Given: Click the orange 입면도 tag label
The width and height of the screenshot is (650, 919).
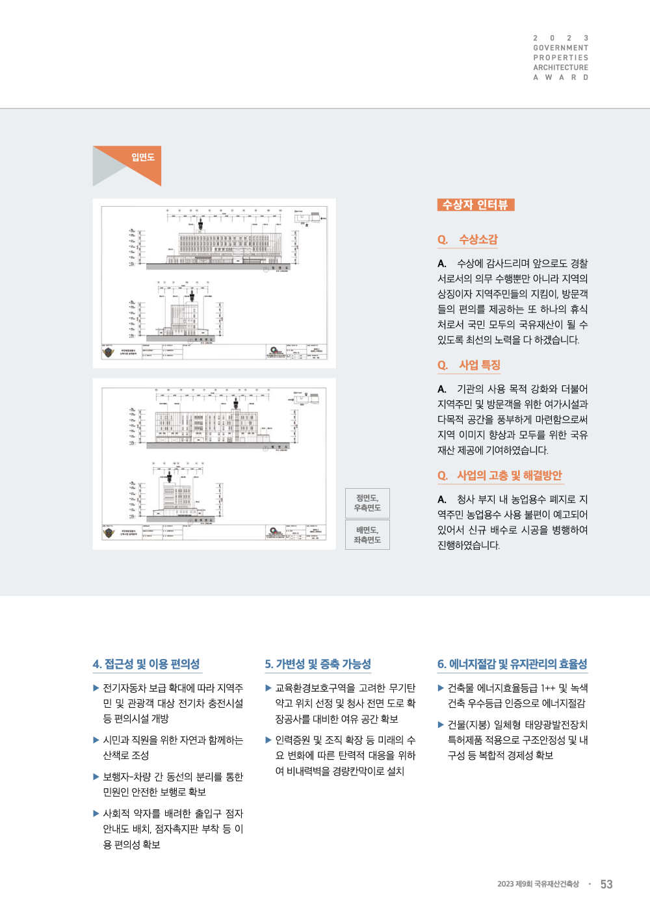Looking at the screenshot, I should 142,157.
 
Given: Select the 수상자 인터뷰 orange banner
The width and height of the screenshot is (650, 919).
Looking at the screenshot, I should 475,205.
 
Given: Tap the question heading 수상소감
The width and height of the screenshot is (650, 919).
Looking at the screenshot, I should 478,240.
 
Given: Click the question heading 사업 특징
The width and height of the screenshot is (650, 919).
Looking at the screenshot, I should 479,365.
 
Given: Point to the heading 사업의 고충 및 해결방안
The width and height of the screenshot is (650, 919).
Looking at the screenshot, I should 509,476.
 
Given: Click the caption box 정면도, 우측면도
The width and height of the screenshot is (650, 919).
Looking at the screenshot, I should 367,503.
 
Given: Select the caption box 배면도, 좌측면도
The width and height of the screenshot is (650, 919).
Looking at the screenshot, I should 367,535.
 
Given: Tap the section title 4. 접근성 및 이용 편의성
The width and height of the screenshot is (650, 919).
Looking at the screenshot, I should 146,664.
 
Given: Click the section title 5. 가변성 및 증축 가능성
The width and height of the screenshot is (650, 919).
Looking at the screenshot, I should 318,664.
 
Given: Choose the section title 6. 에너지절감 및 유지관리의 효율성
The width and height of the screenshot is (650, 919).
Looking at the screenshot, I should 512,664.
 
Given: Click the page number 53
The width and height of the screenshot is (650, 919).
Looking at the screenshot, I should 606,885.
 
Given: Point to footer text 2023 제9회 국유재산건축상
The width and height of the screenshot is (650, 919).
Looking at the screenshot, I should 538,885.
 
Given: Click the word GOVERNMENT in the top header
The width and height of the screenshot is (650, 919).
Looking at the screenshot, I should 560,48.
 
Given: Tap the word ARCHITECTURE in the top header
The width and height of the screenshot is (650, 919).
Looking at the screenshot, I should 560,68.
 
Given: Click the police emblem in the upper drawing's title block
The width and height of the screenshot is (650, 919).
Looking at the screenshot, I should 109,352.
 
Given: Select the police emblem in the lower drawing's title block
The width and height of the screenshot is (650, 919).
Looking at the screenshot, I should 109,533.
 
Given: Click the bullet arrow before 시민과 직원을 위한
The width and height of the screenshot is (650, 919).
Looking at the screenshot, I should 96,740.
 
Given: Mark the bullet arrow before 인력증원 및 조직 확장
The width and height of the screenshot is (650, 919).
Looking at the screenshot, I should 268,740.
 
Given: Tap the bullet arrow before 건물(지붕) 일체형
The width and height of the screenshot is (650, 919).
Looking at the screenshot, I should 441,725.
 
